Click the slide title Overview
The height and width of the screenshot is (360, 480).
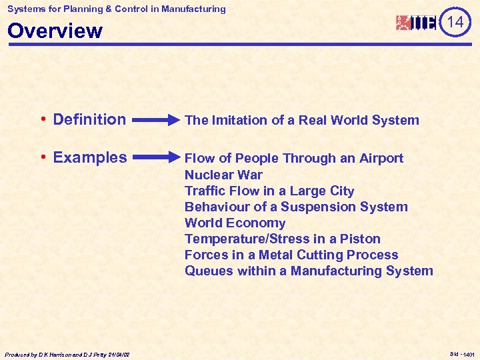[x=55, y=31]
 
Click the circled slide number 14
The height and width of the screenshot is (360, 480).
[x=455, y=23]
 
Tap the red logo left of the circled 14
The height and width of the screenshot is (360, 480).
[x=417, y=23]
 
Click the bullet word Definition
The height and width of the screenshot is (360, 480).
[x=89, y=119]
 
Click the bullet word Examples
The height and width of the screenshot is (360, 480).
[x=89, y=157]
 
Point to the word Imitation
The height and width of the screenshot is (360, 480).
[x=239, y=120]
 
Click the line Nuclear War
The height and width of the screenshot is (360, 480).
[x=223, y=175]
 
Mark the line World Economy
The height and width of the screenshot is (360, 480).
[x=235, y=223]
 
